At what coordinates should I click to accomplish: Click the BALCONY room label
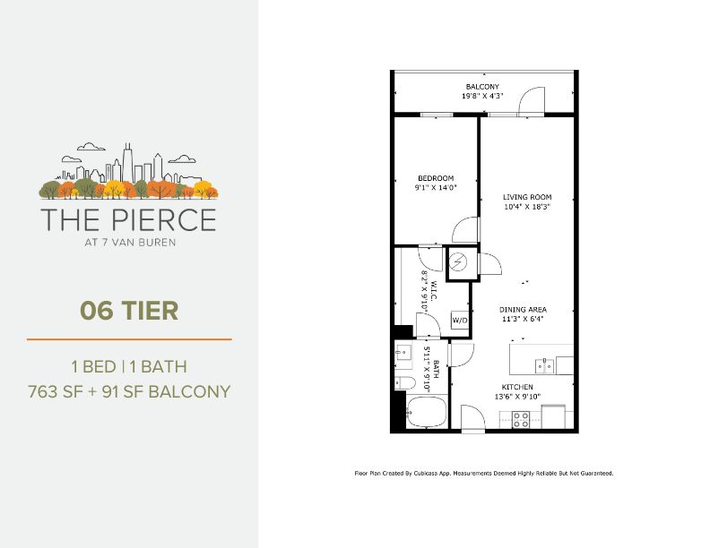(482, 86)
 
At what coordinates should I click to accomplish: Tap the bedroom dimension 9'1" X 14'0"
(437, 188)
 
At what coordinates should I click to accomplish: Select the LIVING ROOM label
(526, 197)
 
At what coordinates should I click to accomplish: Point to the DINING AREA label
(522, 309)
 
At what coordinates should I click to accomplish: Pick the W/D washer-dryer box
(459, 320)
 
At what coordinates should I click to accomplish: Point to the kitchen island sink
(544, 364)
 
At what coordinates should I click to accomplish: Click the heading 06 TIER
(129, 311)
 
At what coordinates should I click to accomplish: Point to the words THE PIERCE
(128, 219)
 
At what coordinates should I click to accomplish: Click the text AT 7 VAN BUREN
(129, 240)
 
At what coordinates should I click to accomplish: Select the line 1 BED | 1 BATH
(129, 366)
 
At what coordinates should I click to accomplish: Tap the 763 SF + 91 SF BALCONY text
(129, 391)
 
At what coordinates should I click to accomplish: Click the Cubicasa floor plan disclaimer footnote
(484, 473)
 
